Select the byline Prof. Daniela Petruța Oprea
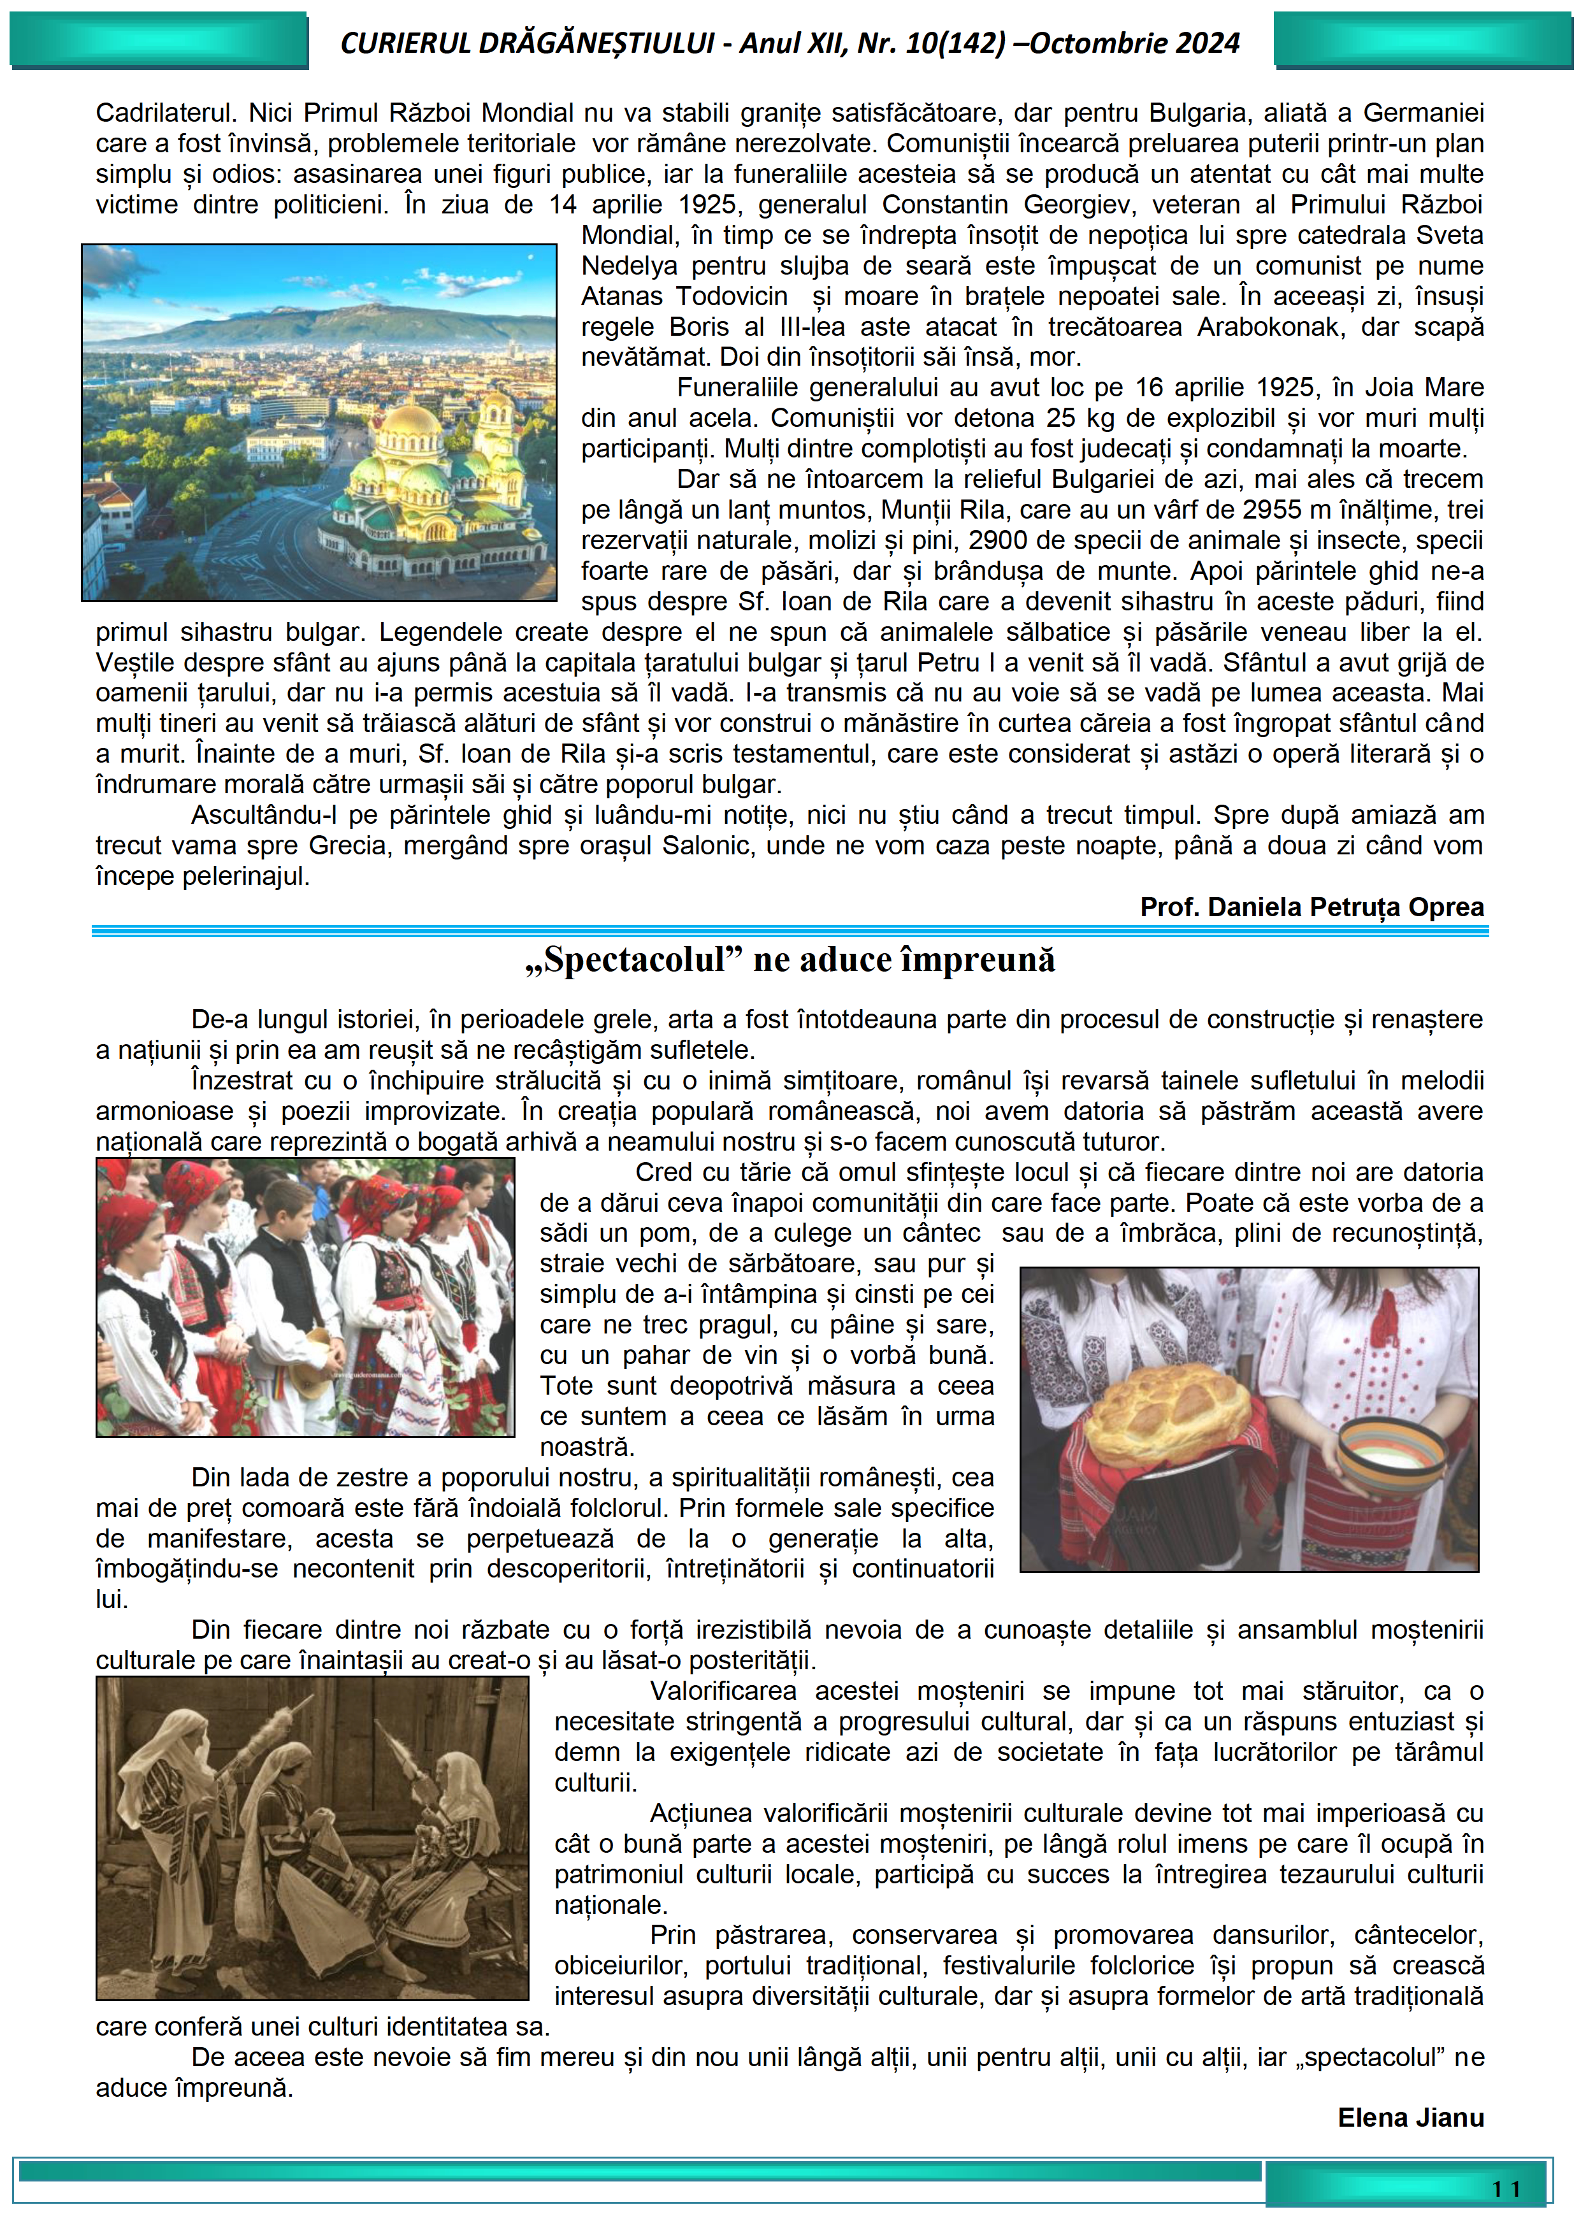click(x=1311, y=907)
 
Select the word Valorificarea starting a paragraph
click(x=723, y=1691)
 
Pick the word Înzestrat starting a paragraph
click(x=242, y=1081)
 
